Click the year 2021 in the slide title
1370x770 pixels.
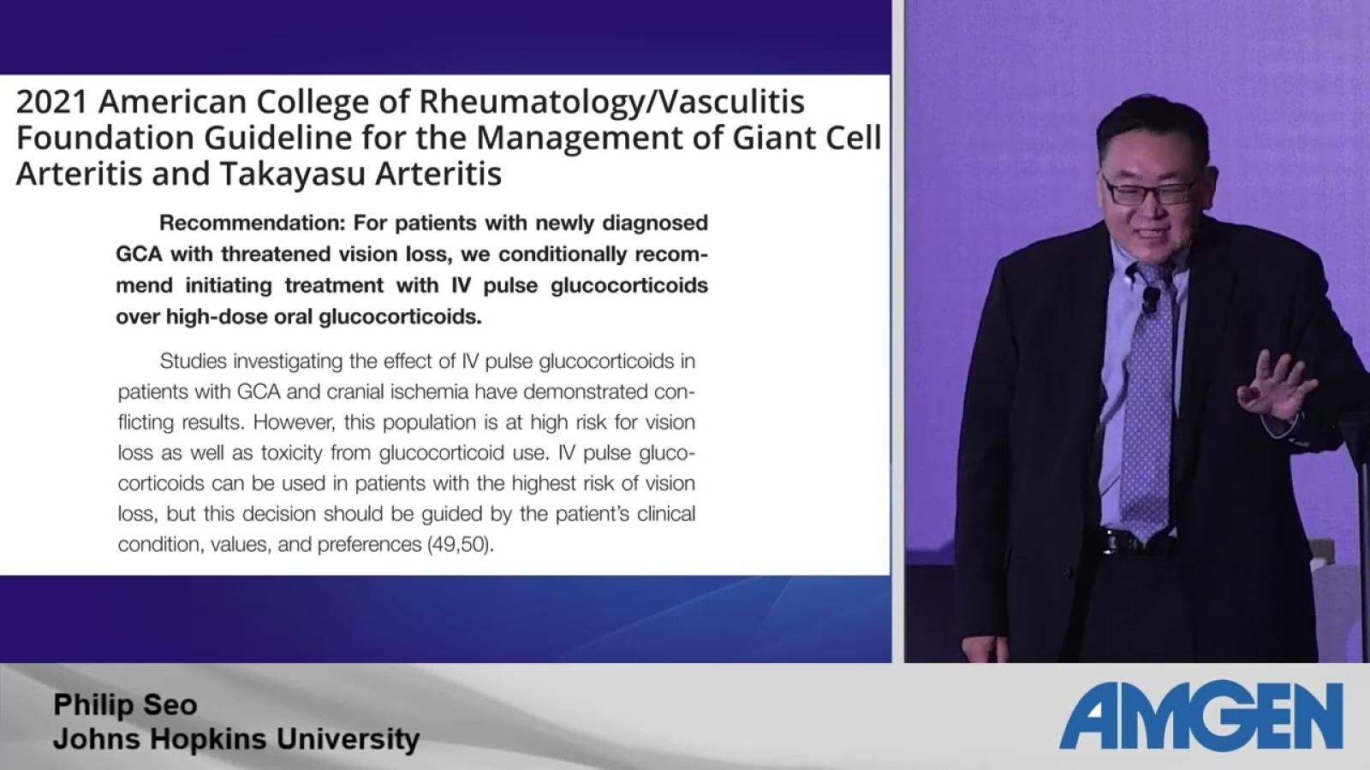point(52,102)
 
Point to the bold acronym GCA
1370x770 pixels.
point(139,254)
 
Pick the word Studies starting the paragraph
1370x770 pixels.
point(194,361)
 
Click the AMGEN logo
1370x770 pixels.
point(1201,714)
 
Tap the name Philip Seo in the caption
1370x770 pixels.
point(125,705)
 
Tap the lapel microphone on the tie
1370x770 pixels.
point(1151,299)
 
